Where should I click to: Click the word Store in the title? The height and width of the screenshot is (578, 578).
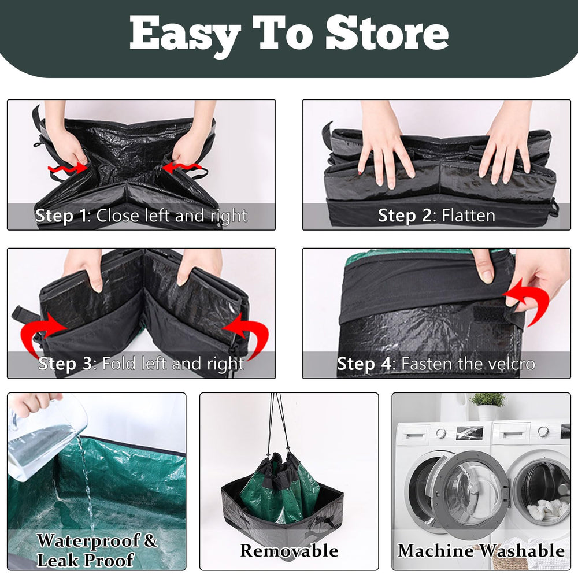point(387,34)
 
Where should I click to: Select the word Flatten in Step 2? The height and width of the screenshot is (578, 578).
point(468,216)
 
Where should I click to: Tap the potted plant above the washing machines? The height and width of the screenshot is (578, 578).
point(487,406)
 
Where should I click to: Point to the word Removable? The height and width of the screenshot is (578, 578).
point(289,550)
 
